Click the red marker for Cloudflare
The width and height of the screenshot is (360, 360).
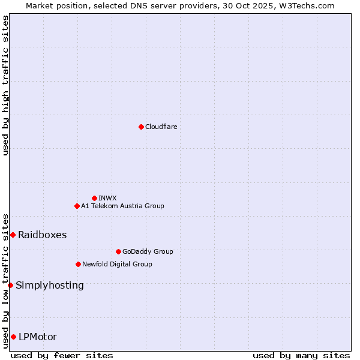[141, 127]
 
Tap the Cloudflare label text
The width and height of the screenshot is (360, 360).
[161, 127]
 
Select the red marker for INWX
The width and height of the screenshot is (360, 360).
[94, 198]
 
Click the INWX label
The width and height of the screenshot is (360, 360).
[107, 198]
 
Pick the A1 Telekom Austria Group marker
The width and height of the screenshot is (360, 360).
[77, 206]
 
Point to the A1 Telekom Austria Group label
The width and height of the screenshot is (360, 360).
[122, 206]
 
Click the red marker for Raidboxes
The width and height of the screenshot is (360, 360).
[13, 235]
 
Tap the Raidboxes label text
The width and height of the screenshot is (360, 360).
[42, 235]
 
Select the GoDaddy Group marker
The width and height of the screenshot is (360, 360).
[118, 251]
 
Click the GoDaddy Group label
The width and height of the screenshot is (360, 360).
[148, 251]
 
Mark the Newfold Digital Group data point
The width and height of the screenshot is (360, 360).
[78, 264]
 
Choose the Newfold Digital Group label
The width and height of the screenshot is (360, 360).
[117, 264]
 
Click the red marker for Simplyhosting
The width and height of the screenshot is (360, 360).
[10, 285]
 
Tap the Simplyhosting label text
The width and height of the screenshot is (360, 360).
[50, 285]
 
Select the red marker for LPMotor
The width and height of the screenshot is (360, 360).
[13, 337]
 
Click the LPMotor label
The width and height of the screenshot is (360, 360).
[38, 337]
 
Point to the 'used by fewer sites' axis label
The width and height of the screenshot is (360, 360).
[62, 355]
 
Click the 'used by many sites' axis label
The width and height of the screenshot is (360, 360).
[301, 355]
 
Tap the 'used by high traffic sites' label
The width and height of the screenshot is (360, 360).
[5, 85]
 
